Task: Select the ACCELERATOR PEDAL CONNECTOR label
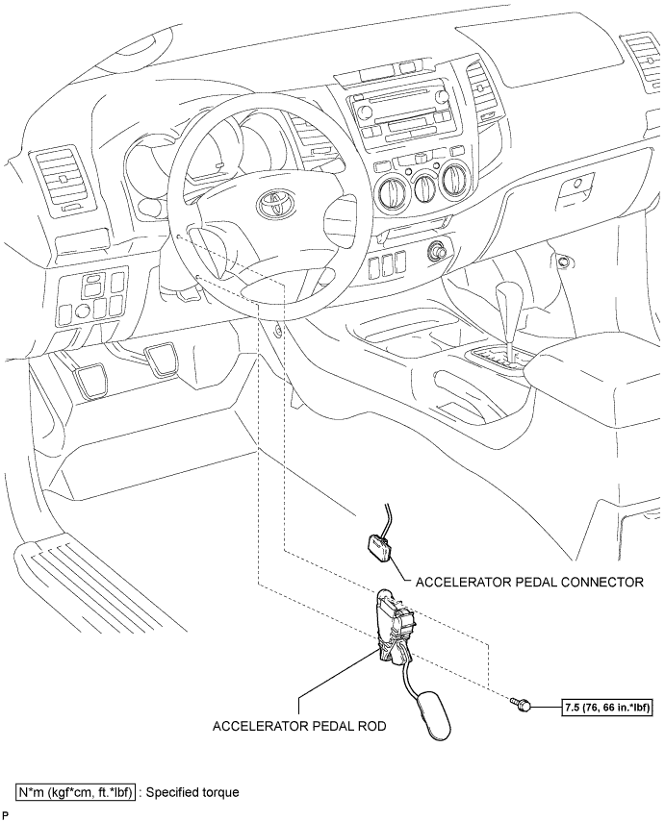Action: (529, 582)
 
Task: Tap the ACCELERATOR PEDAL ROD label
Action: (299, 726)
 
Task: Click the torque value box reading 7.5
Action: (607, 708)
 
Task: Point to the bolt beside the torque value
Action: (519, 704)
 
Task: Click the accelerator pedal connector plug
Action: (379, 548)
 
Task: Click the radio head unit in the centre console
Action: (401, 116)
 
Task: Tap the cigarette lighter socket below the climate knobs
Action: (439, 250)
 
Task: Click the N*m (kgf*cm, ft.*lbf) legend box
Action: (77, 792)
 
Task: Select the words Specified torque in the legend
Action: (192, 792)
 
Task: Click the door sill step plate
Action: (100, 581)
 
